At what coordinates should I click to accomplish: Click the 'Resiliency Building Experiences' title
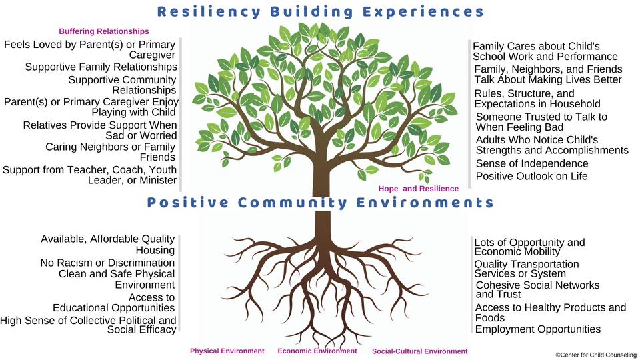point(320,11)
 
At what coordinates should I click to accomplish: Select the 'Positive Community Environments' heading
point(321,203)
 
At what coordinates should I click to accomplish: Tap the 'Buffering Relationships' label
point(104,31)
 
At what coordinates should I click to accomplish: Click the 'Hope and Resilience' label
point(418,189)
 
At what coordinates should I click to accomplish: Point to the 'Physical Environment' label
point(227,351)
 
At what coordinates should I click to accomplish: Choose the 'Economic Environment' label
point(317,351)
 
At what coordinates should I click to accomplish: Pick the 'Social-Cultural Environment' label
point(419,351)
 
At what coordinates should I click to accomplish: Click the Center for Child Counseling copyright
point(595,355)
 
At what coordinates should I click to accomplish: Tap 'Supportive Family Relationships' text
point(101,67)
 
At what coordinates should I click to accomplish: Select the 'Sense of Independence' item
point(532,163)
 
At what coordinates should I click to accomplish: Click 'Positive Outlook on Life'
point(531,176)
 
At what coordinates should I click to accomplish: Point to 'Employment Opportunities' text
point(537,329)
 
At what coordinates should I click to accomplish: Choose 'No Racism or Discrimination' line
point(107,263)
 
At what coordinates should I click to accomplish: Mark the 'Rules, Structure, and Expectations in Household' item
point(537,99)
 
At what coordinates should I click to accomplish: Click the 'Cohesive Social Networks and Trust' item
point(537,289)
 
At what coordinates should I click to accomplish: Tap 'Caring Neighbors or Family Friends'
point(110,152)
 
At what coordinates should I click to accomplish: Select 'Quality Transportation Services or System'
point(526,269)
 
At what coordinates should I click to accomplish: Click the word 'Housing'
point(155,250)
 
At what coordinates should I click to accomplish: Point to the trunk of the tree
point(322,200)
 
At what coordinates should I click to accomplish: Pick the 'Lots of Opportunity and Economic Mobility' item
point(529,247)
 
